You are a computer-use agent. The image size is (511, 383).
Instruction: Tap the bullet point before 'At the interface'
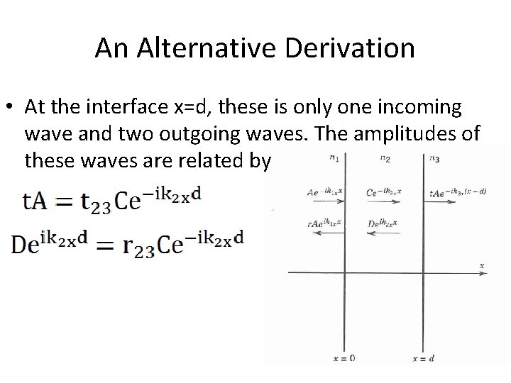coord(13,107)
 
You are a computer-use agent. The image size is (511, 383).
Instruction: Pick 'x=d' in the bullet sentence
coord(189,107)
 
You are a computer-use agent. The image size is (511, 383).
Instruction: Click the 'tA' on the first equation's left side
coord(36,201)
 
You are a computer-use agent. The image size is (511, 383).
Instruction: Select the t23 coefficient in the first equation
coord(95,204)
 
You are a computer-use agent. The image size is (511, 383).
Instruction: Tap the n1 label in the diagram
coord(334,159)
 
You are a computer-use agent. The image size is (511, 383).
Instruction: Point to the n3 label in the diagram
coord(434,159)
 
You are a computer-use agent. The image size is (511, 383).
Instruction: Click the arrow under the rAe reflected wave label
coord(320,232)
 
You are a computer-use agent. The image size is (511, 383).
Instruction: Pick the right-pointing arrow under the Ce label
coord(383,201)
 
